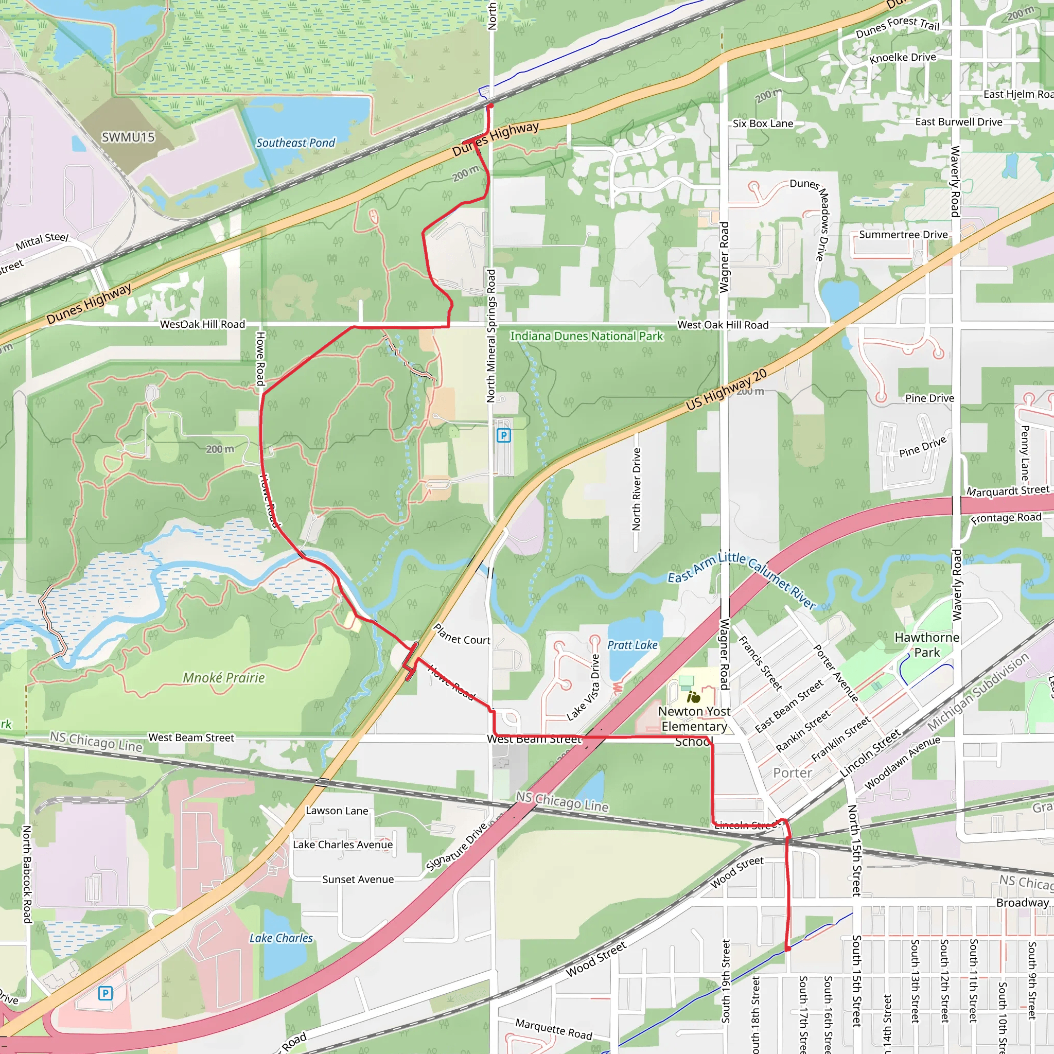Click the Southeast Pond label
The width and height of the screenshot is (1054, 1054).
pos(296,143)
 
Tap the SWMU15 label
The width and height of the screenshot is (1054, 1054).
pos(128,137)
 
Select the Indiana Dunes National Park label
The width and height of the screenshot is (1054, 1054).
pos(587,336)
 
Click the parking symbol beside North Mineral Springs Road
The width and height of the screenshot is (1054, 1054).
pos(503,435)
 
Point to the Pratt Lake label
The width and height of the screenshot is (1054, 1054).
pos(633,645)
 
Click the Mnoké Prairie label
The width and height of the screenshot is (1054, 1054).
pos(224,678)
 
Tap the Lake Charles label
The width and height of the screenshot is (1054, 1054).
pos(281,938)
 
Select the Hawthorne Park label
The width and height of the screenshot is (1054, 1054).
pos(926,645)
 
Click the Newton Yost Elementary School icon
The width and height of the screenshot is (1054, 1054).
pos(693,697)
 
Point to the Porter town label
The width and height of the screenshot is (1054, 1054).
pos(792,772)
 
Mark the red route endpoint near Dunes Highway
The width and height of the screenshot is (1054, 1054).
pos(490,106)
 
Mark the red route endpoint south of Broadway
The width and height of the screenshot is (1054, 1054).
pos(788,948)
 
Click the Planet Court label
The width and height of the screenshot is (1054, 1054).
pos(462,635)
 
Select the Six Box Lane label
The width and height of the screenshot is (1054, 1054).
pos(763,124)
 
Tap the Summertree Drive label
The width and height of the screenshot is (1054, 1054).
pos(903,235)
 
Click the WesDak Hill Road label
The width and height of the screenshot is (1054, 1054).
pos(202,324)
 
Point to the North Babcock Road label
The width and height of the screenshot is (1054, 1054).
pos(27,874)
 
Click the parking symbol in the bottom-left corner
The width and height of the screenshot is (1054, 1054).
pos(106,993)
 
